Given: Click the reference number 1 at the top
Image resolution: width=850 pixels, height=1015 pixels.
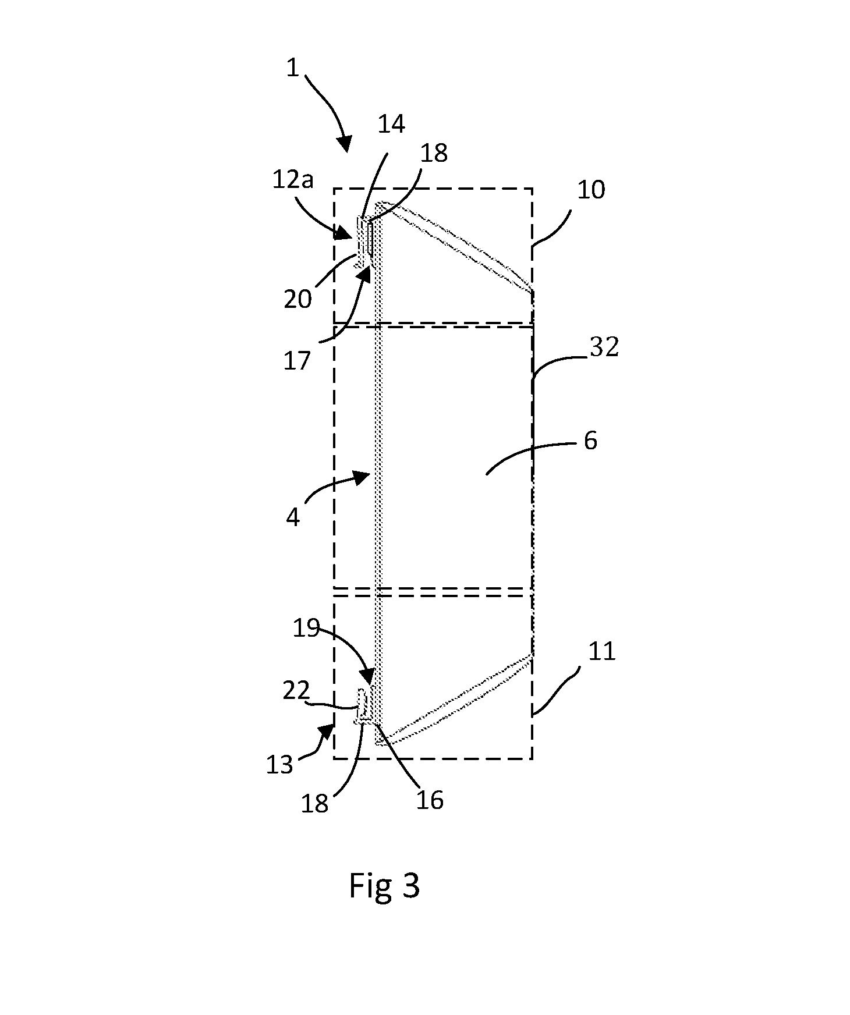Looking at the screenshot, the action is tap(292, 68).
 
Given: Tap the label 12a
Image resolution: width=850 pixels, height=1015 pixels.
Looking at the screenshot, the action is tap(293, 180).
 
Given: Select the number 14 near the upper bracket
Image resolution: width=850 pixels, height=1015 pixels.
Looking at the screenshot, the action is tap(391, 124).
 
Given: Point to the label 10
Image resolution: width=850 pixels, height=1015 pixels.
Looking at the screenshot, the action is tap(591, 190).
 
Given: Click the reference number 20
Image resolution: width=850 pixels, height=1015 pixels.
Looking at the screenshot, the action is tap(298, 299).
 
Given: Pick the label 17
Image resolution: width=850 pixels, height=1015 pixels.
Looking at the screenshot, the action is tap(297, 361).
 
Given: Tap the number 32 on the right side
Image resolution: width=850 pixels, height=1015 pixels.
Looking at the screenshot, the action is tap(604, 347).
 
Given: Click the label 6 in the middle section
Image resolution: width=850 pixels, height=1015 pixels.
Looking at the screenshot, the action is tap(590, 441).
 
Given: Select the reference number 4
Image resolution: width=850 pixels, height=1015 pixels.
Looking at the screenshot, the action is tap(293, 517).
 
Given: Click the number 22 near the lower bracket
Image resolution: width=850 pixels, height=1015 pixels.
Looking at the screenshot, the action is tap(297, 691).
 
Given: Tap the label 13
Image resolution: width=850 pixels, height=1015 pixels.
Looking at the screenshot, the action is tap(279, 764).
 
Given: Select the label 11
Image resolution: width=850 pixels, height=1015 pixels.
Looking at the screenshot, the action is tap(602, 652).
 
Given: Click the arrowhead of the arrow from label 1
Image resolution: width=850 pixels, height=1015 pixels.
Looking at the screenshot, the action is tap(345, 143).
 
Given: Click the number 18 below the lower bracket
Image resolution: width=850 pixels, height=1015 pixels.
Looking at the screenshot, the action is tap(314, 804).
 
